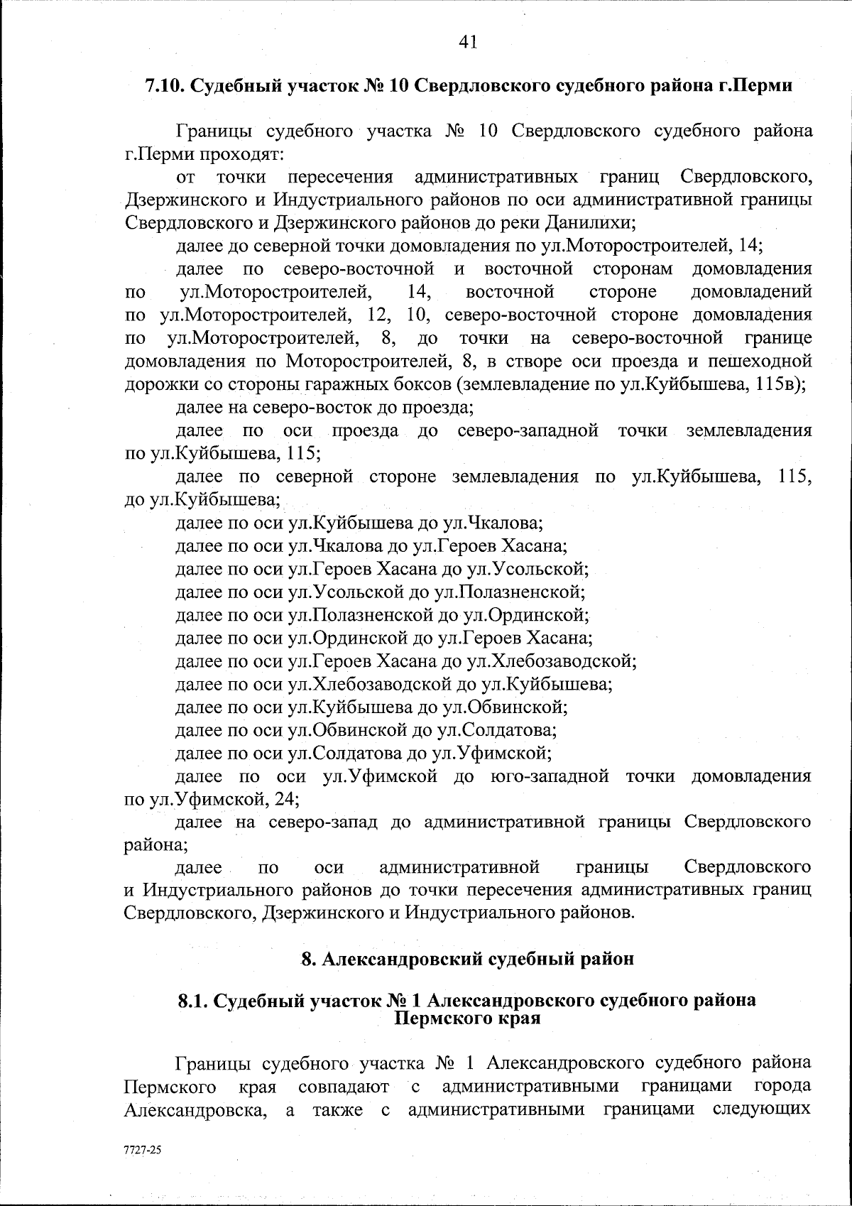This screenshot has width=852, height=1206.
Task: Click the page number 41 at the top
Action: [x=467, y=42]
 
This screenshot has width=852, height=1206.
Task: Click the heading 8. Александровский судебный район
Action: [x=467, y=959]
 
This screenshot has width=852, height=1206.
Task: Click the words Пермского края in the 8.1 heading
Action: [x=467, y=1018]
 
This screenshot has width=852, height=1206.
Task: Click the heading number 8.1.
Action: [x=192, y=1001]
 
